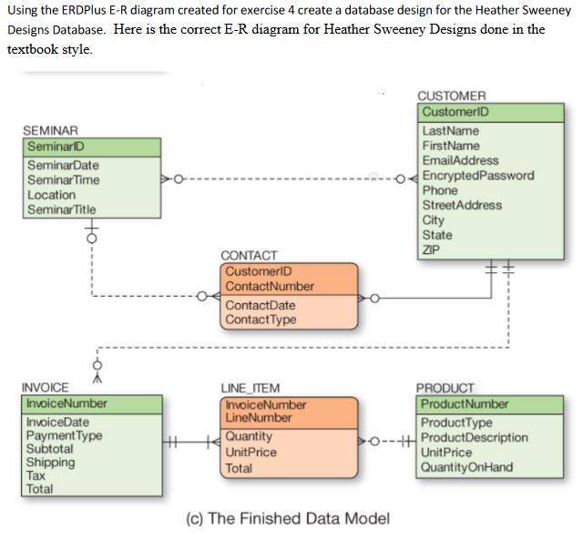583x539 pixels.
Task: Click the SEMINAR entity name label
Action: [x=51, y=131]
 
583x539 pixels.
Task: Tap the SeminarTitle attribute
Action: [x=62, y=209]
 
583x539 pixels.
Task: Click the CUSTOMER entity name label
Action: [x=452, y=96]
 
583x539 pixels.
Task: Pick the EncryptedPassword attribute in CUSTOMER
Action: [x=478, y=176]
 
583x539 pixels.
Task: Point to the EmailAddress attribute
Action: [x=461, y=161]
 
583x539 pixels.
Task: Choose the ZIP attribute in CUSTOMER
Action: [x=432, y=249]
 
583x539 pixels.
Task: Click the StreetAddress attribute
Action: [x=462, y=205]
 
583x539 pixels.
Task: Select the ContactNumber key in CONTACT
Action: [x=269, y=286]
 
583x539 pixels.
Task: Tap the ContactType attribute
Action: [x=261, y=320]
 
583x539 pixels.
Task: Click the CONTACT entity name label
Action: [x=250, y=256]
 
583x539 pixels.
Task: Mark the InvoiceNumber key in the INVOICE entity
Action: [x=66, y=403]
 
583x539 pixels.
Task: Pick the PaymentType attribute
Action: [x=64, y=436]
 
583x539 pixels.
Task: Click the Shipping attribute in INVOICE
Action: [x=50, y=462]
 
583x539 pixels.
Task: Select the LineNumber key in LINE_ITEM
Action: [x=259, y=418]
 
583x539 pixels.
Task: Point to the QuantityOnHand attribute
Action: [x=467, y=467]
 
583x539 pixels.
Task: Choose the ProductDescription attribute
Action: [x=475, y=438]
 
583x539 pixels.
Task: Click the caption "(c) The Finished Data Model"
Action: [x=287, y=518]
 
